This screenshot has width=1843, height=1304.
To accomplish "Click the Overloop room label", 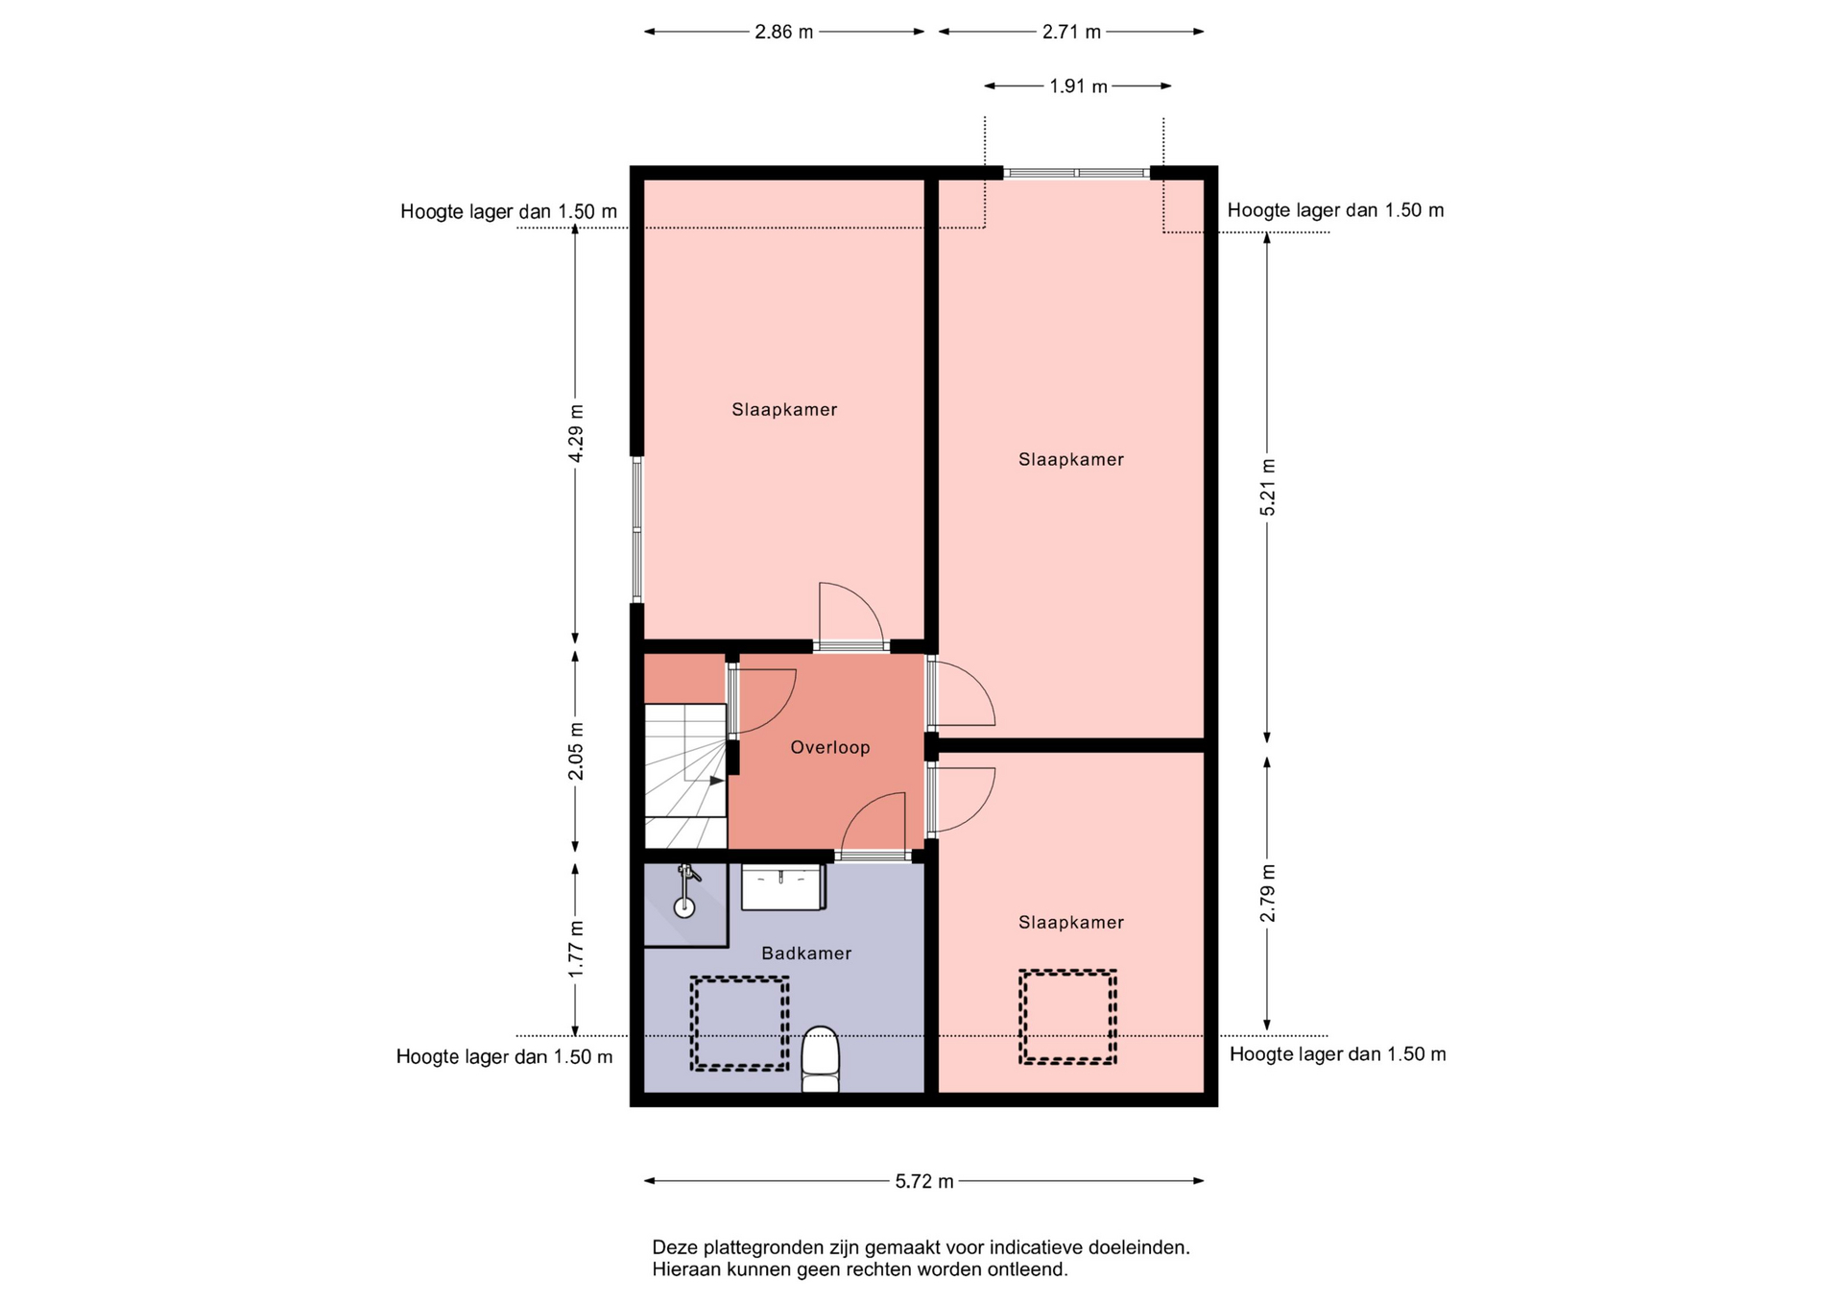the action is (x=830, y=747).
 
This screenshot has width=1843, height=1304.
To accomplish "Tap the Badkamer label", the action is (x=806, y=953).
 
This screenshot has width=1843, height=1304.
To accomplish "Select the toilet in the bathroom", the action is (x=820, y=1059).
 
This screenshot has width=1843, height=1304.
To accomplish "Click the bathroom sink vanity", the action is (x=783, y=886).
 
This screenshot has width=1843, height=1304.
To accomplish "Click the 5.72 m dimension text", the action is (x=924, y=1181).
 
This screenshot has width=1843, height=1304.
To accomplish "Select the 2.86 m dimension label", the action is (x=783, y=32).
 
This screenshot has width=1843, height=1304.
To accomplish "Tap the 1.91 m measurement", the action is (x=1078, y=86).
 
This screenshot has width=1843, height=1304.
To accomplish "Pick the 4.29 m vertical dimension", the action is (x=575, y=432).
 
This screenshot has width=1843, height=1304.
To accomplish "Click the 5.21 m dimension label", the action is (x=1267, y=487).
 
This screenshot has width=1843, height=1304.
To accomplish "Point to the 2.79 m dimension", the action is (x=1267, y=893).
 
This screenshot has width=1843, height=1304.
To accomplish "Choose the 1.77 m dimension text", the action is (x=575, y=950).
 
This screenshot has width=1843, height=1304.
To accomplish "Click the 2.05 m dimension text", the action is (x=575, y=751).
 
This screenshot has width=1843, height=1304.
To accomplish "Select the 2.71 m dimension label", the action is (x=1071, y=32).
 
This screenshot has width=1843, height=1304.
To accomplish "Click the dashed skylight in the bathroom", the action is (x=739, y=1024).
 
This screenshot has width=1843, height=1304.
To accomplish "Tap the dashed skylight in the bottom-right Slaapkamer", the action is (x=1067, y=1017).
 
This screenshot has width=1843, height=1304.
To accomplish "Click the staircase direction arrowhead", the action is (x=717, y=781).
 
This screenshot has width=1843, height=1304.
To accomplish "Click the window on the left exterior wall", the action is (x=636, y=529).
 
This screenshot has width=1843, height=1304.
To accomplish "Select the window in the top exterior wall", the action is (x=1076, y=173).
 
